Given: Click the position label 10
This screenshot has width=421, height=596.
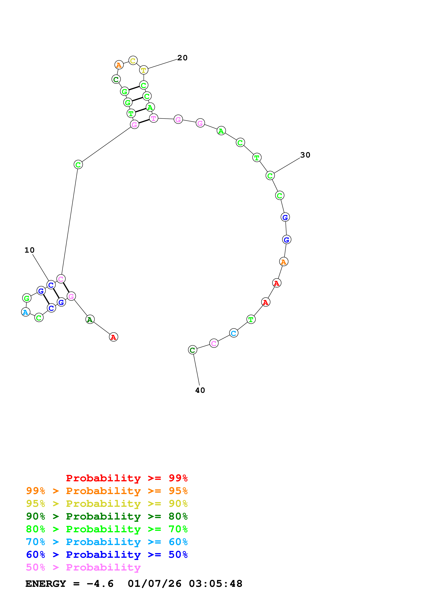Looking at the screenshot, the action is (x=29, y=250).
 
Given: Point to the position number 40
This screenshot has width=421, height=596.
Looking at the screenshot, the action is (x=200, y=390).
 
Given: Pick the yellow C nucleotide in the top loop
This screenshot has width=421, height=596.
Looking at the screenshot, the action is (x=133, y=61).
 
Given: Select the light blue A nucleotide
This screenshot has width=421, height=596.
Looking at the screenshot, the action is (x=25, y=312).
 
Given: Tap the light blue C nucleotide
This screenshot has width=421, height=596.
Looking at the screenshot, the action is (x=234, y=333).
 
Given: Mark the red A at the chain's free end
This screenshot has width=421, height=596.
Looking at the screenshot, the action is (x=113, y=337).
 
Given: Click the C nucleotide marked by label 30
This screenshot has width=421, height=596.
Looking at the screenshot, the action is (x=270, y=176).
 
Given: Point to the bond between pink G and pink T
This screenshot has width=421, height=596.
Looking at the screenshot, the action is (x=144, y=121).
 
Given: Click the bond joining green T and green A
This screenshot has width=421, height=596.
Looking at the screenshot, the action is (x=141, y=110).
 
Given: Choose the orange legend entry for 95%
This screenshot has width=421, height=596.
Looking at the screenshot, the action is (x=107, y=491).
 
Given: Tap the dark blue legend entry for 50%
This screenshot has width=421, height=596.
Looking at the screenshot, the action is (x=107, y=555).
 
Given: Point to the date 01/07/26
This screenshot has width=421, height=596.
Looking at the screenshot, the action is (x=154, y=584).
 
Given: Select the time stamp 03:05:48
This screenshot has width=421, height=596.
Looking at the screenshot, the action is (x=215, y=584).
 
